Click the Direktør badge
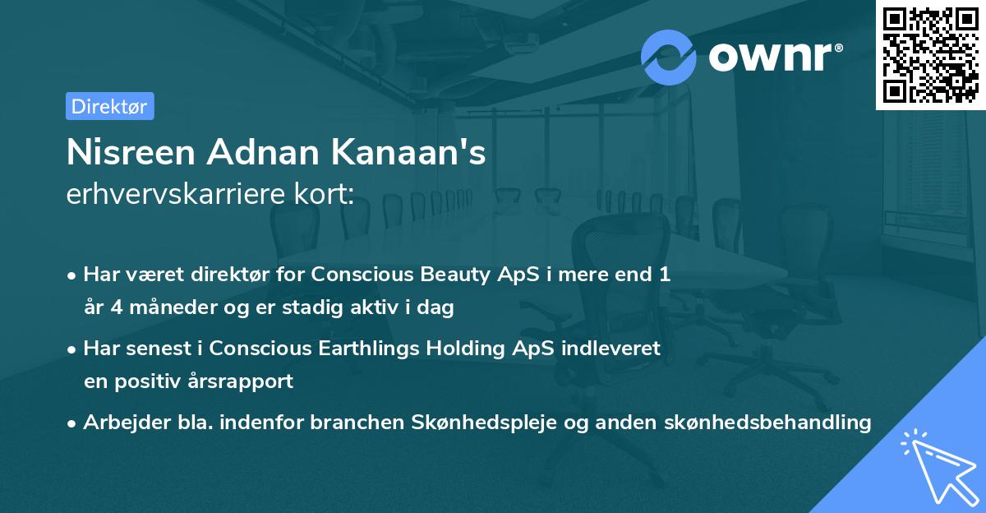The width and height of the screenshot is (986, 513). [x=109, y=106]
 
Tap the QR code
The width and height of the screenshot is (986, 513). [x=930, y=54]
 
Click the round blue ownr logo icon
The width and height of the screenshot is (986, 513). [x=669, y=57]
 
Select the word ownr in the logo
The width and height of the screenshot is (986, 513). [x=772, y=58]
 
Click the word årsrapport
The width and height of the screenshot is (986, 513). [x=242, y=381]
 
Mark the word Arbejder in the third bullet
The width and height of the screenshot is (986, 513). [x=117, y=423]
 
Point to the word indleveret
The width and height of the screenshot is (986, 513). [x=611, y=348]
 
